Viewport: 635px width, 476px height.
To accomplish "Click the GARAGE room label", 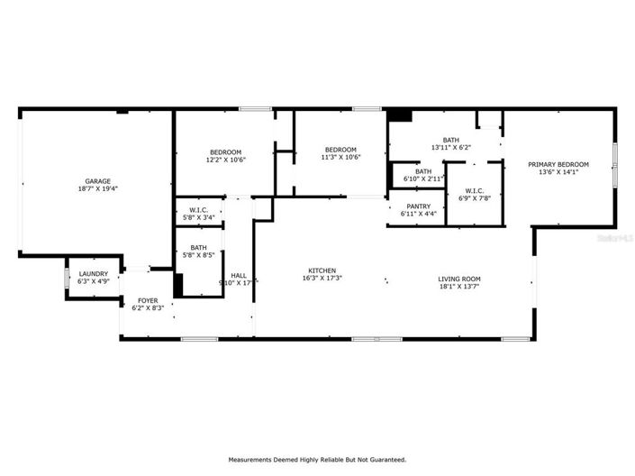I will [x=98, y=181].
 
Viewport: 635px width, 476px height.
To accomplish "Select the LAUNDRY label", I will [x=94, y=274].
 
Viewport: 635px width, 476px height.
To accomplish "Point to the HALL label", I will [x=239, y=276].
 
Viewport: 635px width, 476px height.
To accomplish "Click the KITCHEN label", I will [x=322, y=270].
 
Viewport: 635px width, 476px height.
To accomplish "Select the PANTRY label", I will [x=418, y=206].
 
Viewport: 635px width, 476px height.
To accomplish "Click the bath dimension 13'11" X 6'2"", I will [x=451, y=148].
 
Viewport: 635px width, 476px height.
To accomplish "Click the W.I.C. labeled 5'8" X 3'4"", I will [x=197, y=217].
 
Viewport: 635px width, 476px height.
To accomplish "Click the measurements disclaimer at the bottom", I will [x=317, y=459].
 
